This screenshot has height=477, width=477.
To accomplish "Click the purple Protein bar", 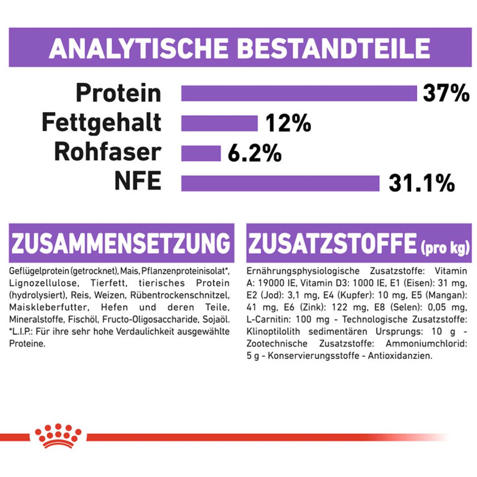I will (x=299, y=93).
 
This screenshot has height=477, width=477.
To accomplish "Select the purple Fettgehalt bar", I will (x=219, y=123).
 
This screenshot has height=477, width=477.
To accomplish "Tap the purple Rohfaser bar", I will (x=201, y=153).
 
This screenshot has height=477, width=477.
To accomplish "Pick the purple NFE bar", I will (x=280, y=183).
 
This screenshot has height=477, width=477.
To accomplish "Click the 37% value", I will (x=446, y=93).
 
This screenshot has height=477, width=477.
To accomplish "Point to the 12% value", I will (x=288, y=123).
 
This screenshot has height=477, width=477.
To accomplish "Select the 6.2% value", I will (x=254, y=153).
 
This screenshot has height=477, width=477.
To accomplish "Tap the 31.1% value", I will (x=422, y=183).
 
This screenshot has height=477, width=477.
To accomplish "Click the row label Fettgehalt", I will (x=101, y=122).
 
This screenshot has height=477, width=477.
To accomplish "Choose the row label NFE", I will (x=138, y=181).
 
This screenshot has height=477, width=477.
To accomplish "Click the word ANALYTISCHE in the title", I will (x=139, y=48).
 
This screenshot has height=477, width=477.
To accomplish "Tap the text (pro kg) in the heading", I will (x=445, y=248).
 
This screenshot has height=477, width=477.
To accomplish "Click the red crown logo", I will (x=58, y=435).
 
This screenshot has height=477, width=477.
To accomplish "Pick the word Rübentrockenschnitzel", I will (x=179, y=295).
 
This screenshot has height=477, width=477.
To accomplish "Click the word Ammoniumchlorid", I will (x=426, y=344).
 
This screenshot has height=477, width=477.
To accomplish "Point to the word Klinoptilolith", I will (x=273, y=332).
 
